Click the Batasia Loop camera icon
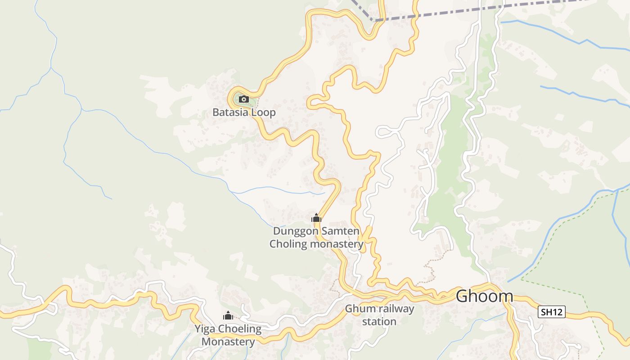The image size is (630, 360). [x=243, y=99]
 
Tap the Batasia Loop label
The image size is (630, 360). [x=244, y=112]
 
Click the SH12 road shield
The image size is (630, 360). [x=551, y=311]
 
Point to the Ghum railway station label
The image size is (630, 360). [x=379, y=315]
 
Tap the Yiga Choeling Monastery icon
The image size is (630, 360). [x=228, y=316]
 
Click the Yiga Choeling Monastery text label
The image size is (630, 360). [x=228, y=335]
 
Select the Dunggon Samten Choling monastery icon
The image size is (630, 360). [x=316, y=218]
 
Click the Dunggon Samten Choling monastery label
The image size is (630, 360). [x=316, y=238]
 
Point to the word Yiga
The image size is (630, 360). [x=204, y=329]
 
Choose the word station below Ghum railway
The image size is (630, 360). [x=379, y=322]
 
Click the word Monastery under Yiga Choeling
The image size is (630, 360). [x=228, y=342]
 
